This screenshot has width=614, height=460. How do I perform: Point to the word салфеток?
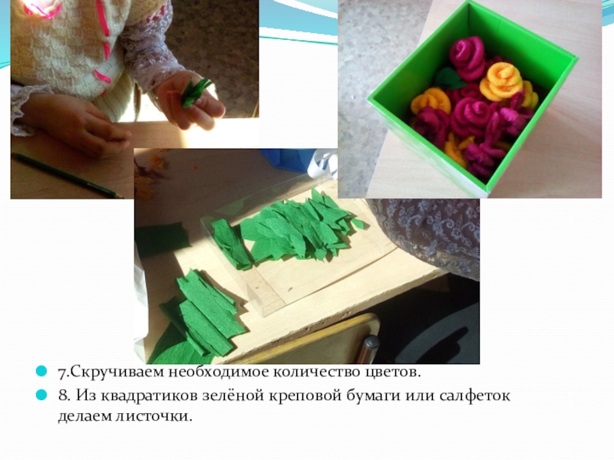click(x=474, y=396)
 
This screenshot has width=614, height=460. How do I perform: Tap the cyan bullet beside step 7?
click(x=41, y=371)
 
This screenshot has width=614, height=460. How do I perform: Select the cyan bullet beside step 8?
click(x=41, y=395)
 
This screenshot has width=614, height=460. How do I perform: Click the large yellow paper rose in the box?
click(x=501, y=81)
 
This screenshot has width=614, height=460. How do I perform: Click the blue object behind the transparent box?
click(x=287, y=160)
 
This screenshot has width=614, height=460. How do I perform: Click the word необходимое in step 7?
click(x=218, y=372)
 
